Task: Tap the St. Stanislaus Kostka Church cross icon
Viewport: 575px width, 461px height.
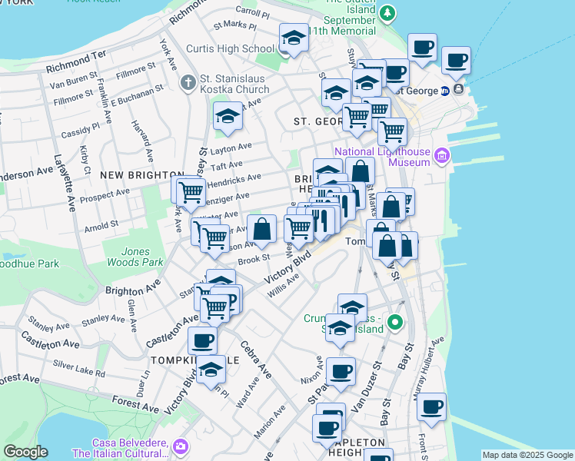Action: (188, 82)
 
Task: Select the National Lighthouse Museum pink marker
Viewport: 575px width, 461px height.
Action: (441, 157)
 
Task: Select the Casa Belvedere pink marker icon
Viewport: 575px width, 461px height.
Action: (180, 446)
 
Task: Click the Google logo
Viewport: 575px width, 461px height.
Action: (25, 452)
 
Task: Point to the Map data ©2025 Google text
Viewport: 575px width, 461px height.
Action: (527, 455)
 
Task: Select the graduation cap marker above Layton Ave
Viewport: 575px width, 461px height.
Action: (227, 116)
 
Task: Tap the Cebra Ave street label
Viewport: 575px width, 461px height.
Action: (256, 360)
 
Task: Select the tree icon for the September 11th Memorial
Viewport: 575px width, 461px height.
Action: (389, 13)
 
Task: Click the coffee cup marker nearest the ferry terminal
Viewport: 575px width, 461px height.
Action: (455, 60)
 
